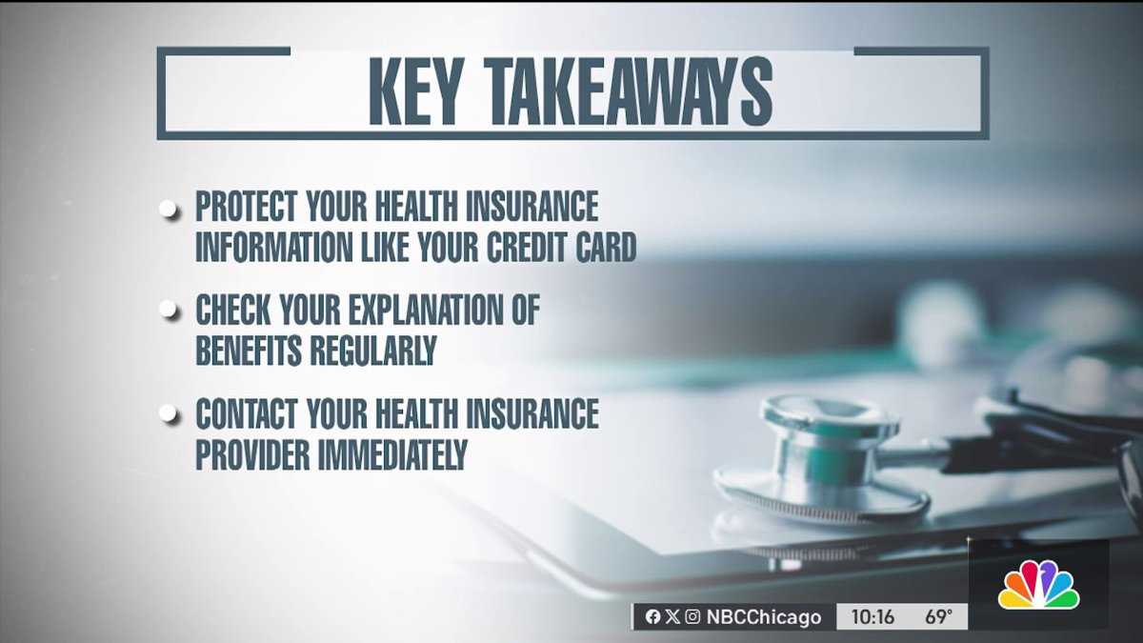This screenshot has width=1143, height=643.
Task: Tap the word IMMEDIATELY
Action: pyautogui.click(x=392, y=455)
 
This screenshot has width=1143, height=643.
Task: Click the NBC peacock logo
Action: pyautogui.click(x=1038, y=585)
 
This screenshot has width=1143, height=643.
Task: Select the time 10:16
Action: pyautogui.click(x=872, y=617)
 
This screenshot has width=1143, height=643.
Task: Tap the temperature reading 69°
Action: pyautogui.click(x=938, y=617)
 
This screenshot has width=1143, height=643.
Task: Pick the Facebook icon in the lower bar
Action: pyautogui.click(x=652, y=617)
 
